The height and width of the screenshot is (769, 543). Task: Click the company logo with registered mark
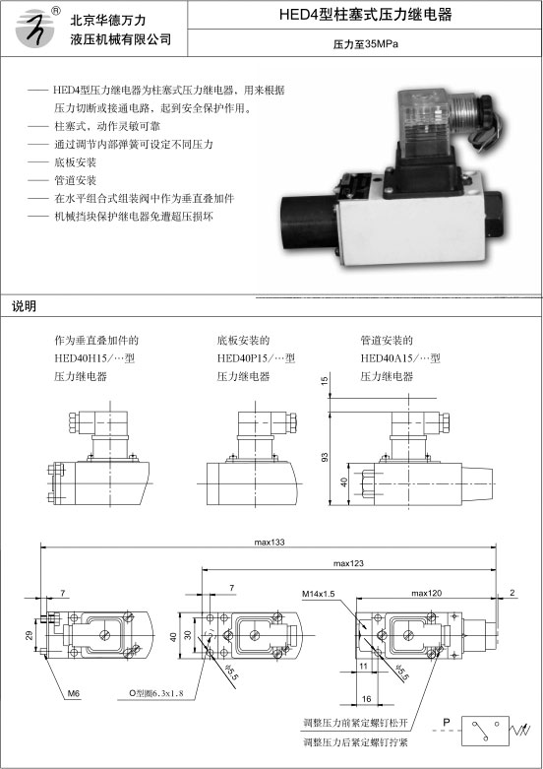(36, 28)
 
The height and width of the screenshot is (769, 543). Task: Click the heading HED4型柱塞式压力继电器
(365, 14)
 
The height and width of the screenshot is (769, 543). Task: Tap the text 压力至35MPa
(366, 44)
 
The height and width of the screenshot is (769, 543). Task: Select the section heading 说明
(24, 306)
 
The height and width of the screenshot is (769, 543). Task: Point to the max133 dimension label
(270, 542)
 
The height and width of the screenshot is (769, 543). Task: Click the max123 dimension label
(348, 563)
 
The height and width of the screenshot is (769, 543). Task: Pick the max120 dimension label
(426, 593)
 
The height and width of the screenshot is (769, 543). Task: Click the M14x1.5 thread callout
(318, 594)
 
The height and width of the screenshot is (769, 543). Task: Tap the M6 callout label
(74, 693)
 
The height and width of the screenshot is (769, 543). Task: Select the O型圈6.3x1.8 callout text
(155, 693)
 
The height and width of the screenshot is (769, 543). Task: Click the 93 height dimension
(324, 457)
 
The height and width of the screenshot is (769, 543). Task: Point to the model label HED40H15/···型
(94, 358)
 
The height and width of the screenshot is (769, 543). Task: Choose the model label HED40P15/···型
(257, 358)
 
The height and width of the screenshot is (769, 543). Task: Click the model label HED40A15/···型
(400, 358)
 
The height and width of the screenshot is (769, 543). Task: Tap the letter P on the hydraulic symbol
(446, 722)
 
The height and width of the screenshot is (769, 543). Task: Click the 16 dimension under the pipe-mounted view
(366, 699)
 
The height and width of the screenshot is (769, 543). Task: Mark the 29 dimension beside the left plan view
(29, 635)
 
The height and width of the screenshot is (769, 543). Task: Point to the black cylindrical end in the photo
(307, 224)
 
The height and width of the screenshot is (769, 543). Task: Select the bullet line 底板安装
(75, 161)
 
